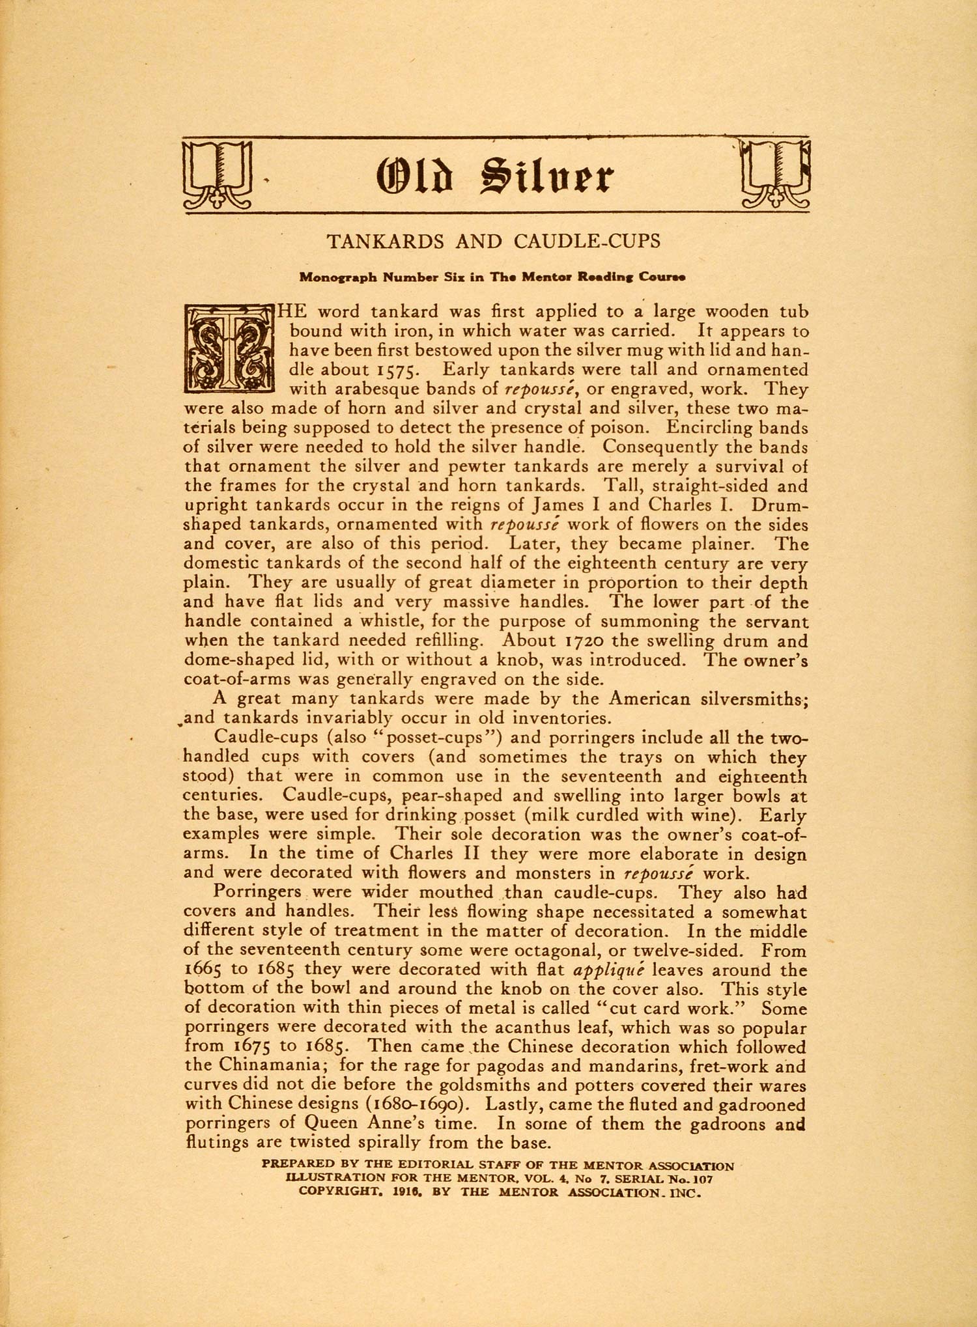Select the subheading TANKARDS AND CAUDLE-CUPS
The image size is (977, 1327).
click(493, 242)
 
